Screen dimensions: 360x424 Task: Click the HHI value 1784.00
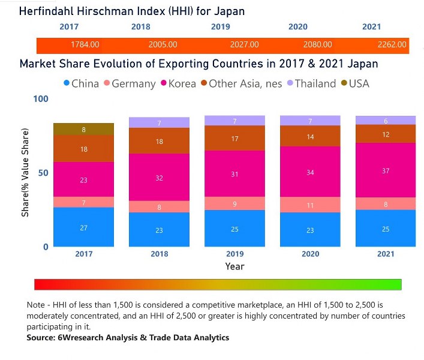click(x=85, y=44)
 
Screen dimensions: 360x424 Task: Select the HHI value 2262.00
click(x=392, y=44)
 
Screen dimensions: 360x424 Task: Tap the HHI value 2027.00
click(x=245, y=44)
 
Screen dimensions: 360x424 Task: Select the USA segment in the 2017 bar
click(x=83, y=129)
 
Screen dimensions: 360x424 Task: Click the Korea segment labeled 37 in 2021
click(x=386, y=170)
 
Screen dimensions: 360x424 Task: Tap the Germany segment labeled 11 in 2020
click(x=311, y=205)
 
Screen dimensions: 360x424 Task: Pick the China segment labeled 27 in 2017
click(x=83, y=227)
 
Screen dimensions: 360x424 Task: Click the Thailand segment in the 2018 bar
click(x=160, y=122)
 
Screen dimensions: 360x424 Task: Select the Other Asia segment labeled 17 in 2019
click(x=235, y=138)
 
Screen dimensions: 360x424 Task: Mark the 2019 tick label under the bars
click(x=235, y=254)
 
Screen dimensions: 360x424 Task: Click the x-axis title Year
click(x=234, y=266)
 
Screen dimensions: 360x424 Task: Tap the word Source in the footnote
click(x=43, y=338)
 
